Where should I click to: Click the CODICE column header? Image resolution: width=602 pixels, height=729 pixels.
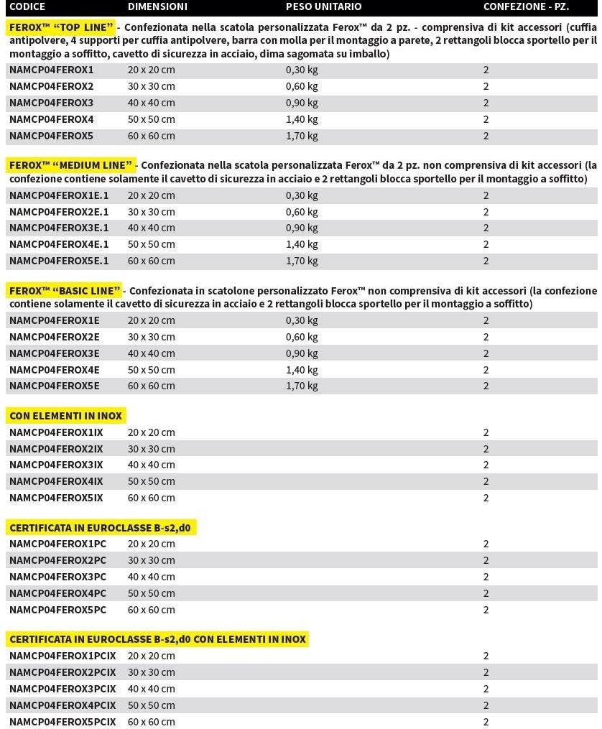point(27,6)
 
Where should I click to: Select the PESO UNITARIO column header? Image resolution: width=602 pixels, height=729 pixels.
point(323,6)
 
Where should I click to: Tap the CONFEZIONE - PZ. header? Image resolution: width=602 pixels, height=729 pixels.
point(526,6)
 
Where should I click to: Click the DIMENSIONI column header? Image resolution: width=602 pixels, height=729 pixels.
point(157,6)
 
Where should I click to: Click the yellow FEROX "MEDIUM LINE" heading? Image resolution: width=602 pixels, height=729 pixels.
point(71,165)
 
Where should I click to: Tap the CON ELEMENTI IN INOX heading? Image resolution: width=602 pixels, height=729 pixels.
point(66,416)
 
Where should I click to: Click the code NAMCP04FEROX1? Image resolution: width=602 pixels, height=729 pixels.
point(51,70)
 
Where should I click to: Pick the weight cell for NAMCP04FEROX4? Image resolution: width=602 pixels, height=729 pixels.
point(302,119)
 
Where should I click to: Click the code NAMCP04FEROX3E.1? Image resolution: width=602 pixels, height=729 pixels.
point(59,228)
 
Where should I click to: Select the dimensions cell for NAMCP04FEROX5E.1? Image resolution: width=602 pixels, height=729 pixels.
point(151,261)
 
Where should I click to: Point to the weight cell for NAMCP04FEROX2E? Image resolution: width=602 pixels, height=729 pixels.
point(302,337)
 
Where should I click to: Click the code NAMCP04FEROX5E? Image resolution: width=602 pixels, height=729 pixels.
point(55,386)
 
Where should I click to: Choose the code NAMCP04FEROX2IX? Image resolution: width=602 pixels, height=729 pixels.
point(56,449)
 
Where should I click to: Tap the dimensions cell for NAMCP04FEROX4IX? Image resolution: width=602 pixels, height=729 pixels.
point(151,481)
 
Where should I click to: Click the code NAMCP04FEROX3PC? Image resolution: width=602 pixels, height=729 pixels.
point(57,577)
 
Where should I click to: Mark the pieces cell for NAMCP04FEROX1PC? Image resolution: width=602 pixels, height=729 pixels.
point(486,544)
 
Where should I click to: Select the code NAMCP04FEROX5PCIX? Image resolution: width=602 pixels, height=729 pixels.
point(62,722)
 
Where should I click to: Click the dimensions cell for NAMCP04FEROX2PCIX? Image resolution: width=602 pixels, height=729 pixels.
point(151,672)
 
